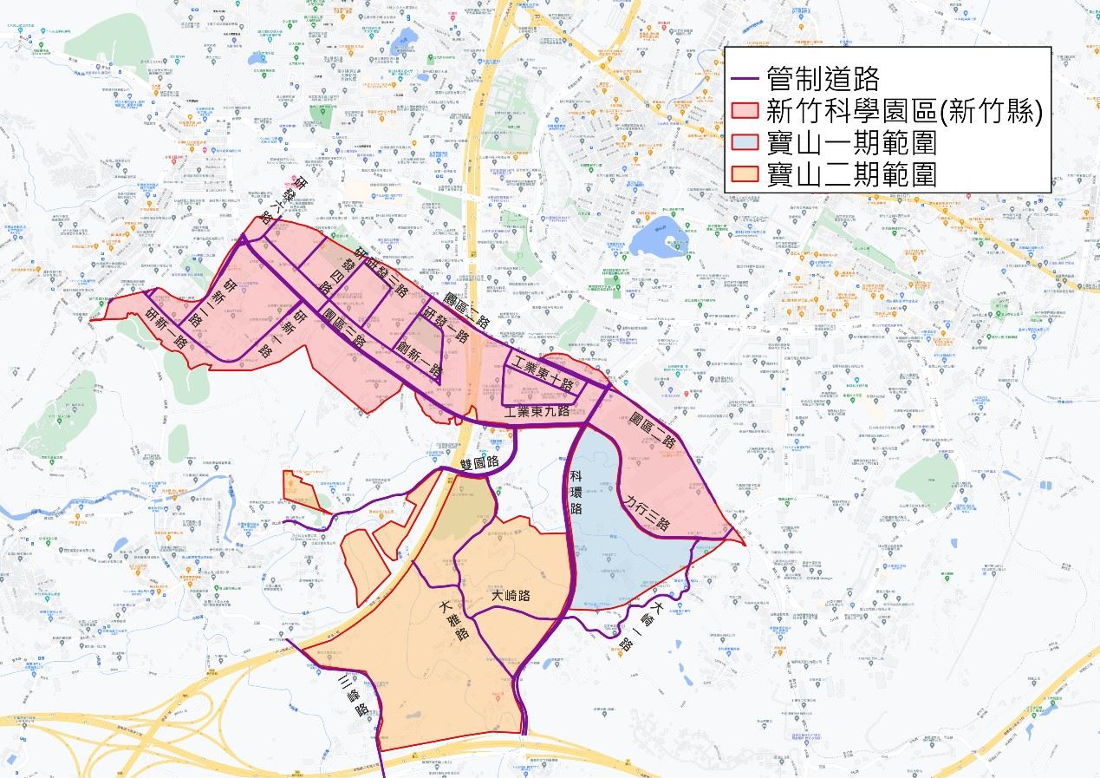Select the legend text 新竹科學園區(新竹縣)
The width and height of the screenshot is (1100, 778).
tap(902, 112)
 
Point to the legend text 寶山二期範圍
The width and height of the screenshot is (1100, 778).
tap(852, 173)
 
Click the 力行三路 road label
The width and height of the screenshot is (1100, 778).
tap(647, 513)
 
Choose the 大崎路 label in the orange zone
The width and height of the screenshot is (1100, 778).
tap(510, 597)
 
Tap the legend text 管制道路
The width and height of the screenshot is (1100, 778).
tap(823, 80)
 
